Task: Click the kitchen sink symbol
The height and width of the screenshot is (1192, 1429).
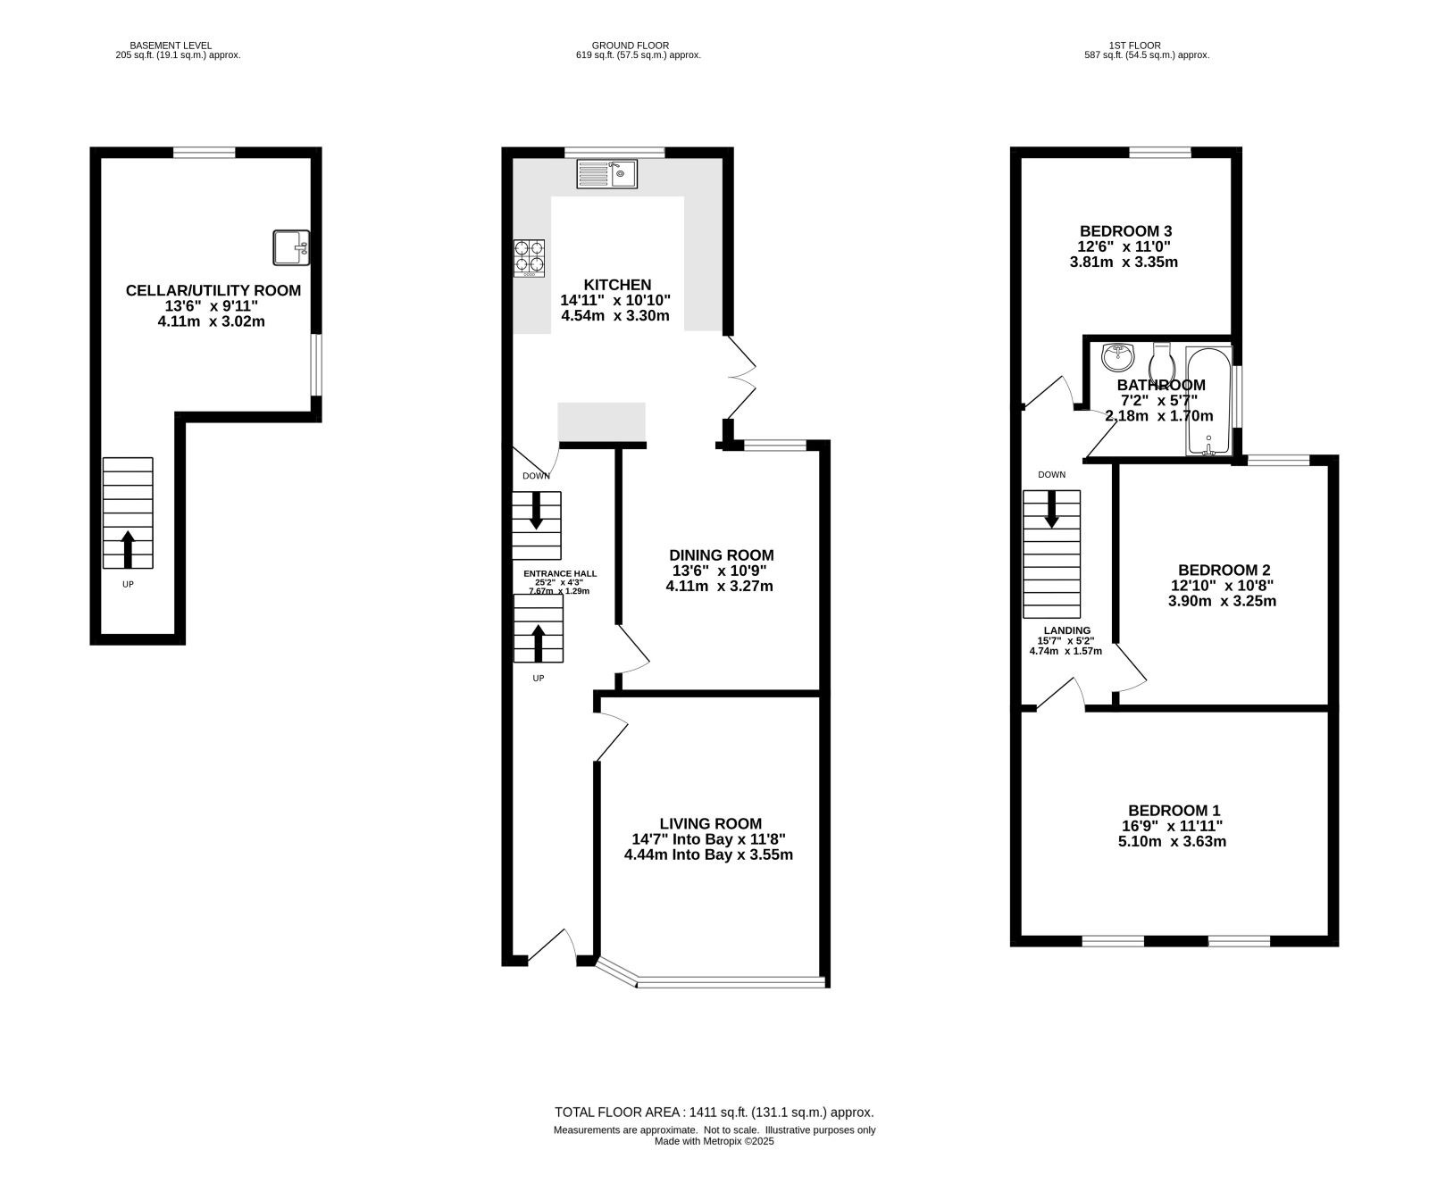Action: click(x=607, y=173)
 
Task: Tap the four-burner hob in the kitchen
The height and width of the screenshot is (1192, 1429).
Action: click(x=529, y=258)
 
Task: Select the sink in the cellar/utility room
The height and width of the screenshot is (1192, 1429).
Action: click(x=291, y=247)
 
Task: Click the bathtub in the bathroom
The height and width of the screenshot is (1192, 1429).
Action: click(x=1208, y=401)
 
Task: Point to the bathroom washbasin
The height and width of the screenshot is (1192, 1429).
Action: click(x=1118, y=357)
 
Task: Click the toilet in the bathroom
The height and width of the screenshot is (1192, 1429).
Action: click(x=1162, y=362)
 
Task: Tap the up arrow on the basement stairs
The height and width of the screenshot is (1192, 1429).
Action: click(x=128, y=549)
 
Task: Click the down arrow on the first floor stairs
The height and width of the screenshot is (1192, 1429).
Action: click(x=1051, y=509)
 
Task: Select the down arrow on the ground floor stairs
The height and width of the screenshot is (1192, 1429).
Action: click(x=537, y=510)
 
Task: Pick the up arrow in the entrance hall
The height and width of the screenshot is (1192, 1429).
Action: click(x=539, y=643)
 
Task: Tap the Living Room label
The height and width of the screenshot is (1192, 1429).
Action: click(x=711, y=823)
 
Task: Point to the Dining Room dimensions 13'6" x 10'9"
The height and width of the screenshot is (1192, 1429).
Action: click(x=720, y=571)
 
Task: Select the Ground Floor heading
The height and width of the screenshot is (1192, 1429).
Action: click(x=630, y=46)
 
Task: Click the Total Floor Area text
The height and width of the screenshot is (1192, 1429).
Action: click(x=714, y=1113)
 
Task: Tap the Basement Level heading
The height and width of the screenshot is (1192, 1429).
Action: click(x=171, y=46)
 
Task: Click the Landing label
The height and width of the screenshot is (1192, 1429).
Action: click(x=1067, y=630)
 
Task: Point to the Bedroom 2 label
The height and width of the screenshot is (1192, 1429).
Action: click(x=1224, y=570)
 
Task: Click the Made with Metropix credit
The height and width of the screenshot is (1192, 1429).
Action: click(x=714, y=1141)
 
